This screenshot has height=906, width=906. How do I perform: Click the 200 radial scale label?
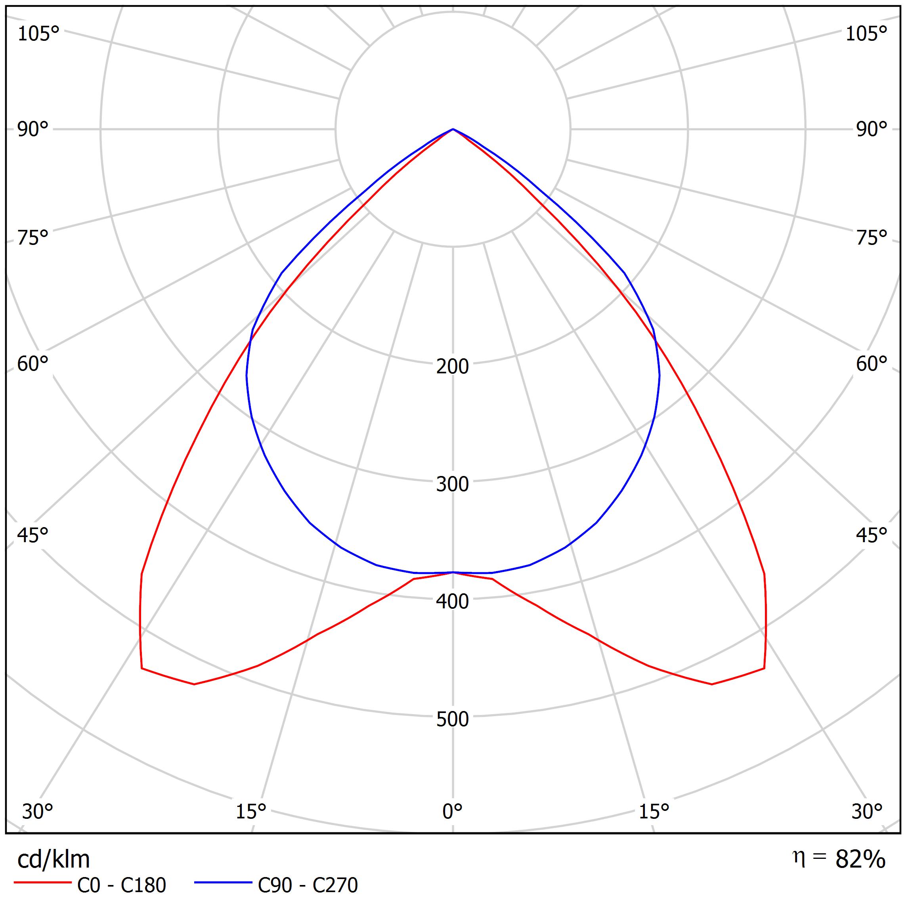tap(452, 366)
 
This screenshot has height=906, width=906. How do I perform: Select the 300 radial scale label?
tap(452, 484)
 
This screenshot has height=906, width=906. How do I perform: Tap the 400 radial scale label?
tap(452, 602)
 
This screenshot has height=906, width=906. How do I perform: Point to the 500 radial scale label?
tap(452, 719)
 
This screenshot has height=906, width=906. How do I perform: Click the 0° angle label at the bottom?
tap(452, 811)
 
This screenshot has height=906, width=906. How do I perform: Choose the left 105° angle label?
tap(38, 34)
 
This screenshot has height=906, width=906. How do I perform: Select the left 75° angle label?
tap(33, 238)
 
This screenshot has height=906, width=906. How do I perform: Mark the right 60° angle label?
tap(871, 364)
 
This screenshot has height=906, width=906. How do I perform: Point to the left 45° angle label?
tap(33, 535)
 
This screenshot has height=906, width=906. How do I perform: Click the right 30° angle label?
tap(867, 811)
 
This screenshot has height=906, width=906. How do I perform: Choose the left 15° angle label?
tap(251, 811)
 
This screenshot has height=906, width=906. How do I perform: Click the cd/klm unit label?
tap(54, 860)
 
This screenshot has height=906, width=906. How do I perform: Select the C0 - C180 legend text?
tap(121, 885)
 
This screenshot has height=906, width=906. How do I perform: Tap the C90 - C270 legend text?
tap(308, 885)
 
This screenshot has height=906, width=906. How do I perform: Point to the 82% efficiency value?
tap(860, 860)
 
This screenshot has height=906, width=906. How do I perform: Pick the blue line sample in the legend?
tap(223, 883)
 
